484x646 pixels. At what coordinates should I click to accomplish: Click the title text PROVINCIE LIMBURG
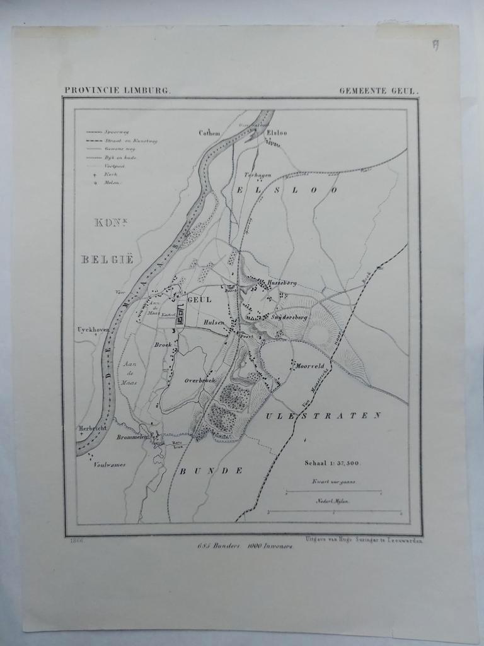(x=117, y=91)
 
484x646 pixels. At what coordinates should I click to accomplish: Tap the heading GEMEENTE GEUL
(x=378, y=91)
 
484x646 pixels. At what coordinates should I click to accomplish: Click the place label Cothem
(x=209, y=133)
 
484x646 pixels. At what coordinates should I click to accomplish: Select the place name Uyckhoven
(x=93, y=329)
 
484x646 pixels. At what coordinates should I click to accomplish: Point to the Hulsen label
(x=214, y=322)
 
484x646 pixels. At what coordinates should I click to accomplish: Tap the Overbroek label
(x=200, y=380)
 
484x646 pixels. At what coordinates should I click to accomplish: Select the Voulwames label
(x=109, y=465)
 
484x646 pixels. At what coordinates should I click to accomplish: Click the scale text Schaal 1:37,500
(x=331, y=462)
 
